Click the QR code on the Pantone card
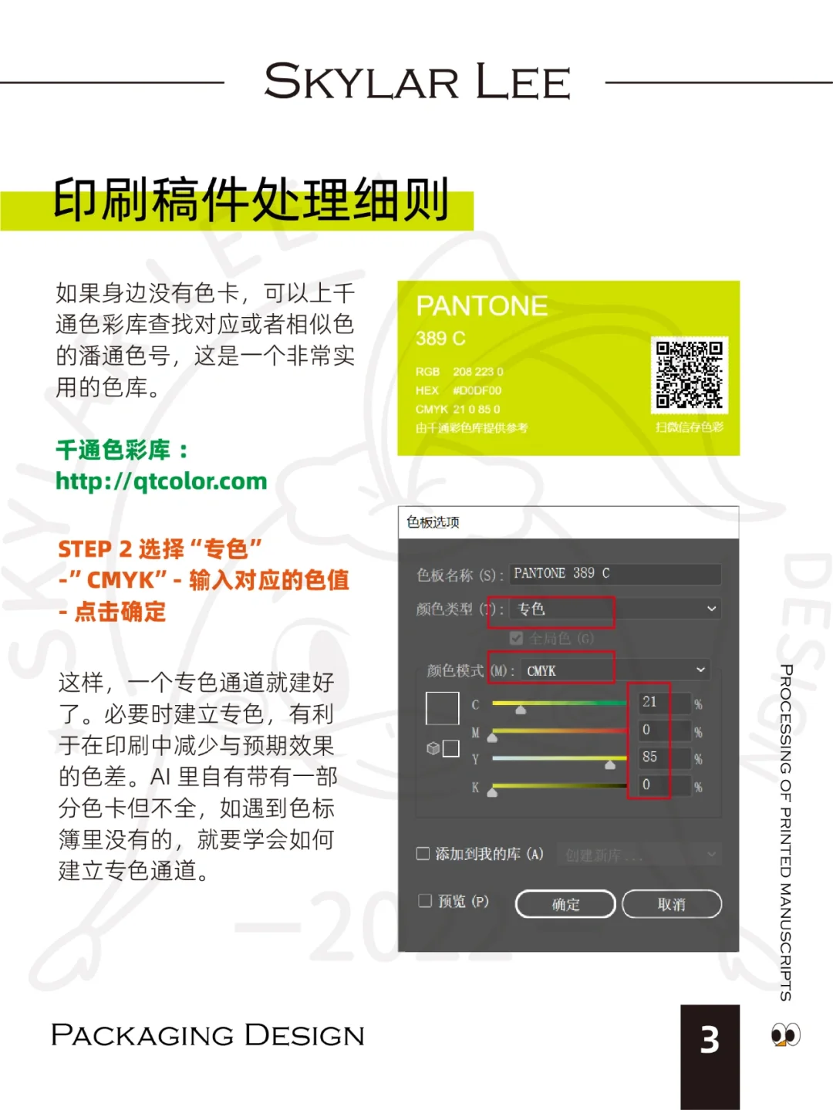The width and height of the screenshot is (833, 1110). click(689, 375)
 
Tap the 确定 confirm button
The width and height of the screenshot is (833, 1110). click(565, 904)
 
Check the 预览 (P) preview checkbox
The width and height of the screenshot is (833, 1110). click(425, 900)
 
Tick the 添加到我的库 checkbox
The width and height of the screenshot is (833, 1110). click(423, 853)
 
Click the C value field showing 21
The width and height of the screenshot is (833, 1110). click(654, 702)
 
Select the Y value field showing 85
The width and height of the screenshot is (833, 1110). click(654, 757)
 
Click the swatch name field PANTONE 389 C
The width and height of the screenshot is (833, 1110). click(615, 573)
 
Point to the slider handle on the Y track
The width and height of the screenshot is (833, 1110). click(610, 764)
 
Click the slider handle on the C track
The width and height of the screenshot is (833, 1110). click(521, 709)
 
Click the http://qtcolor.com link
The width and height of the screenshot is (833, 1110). click(161, 481)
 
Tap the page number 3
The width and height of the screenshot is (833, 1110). click(710, 1040)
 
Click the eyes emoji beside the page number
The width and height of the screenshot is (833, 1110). click(786, 1034)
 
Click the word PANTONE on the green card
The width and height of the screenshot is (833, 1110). click(481, 306)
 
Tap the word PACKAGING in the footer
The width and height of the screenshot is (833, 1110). click(142, 1035)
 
